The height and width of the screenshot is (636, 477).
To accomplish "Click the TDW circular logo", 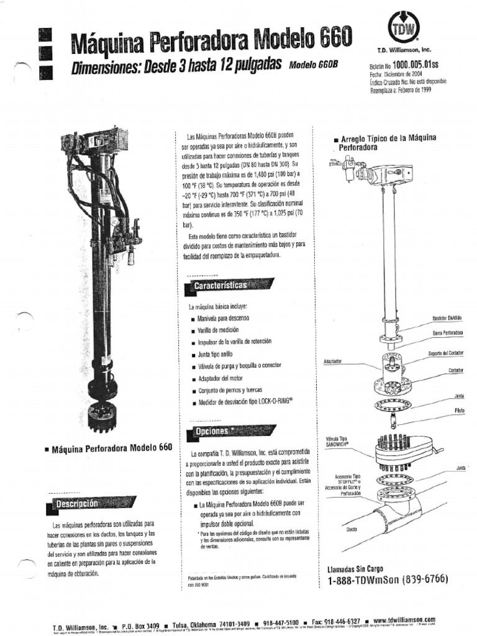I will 404,28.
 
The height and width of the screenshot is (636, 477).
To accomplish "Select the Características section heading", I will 221,285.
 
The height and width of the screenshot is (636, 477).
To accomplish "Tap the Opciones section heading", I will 213,430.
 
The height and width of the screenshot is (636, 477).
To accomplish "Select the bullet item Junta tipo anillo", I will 215,354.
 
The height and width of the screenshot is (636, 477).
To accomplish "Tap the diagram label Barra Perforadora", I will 448,334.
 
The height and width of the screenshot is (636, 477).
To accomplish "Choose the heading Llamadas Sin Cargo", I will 355,568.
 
